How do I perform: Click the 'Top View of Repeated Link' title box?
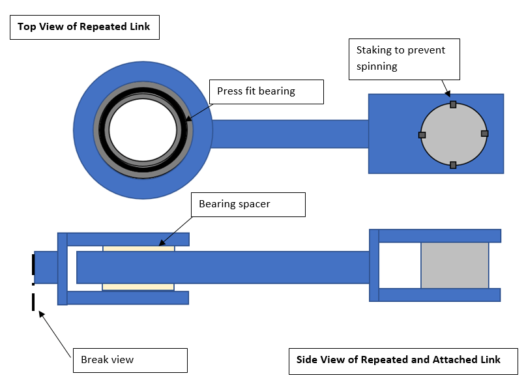pyautogui.click(x=85, y=27)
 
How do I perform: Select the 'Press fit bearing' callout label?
pyautogui.click(x=266, y=91)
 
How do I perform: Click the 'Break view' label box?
pyautogui.click(x=129, y=360)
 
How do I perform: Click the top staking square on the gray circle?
pyautogui.click(x=453, y=104)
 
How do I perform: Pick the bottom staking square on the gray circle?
pyautogui.click(x=453, y=165)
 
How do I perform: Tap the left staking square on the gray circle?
pyautogui.click(x=422, y=135)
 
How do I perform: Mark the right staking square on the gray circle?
pyautogui.click(x=484, y=134)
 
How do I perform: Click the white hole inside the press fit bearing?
pyautogui.click(x=143, y=128)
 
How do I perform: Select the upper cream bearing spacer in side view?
pyautogui.click(x=138, y=248)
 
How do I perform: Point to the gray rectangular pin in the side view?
pyautogui.click(x=454, y=265)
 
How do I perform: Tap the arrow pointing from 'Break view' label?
pyautogui.click(x=55, y=334)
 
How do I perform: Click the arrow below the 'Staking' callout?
pyautogui.click(x=446, y=89)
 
